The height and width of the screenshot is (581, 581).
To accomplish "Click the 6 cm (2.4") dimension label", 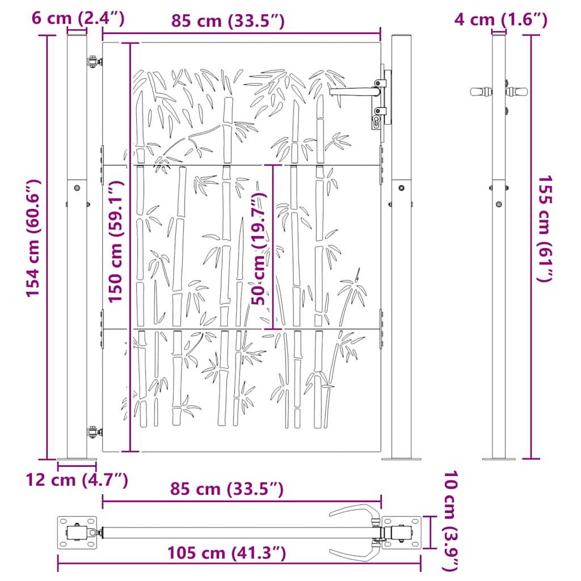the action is click(78, 18).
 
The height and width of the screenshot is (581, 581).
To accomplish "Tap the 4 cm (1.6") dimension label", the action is click(500, 20).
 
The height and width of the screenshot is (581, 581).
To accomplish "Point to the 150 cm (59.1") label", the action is click(115, 242).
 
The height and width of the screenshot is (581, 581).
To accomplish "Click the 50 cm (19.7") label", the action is click(259, 249).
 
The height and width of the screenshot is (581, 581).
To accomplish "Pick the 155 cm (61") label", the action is click(545, 228).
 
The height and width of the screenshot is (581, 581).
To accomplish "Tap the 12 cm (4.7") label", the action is click(77, 480).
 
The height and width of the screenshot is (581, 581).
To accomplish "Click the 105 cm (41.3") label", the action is click(226, 553).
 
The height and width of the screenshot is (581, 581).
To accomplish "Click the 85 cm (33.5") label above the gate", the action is click(228, 21).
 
